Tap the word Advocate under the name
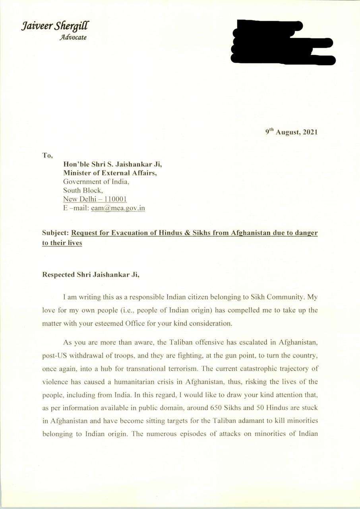pyautogui.click(x=73, y=38)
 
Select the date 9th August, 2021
pyautogui.click(x=291, y=132)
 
